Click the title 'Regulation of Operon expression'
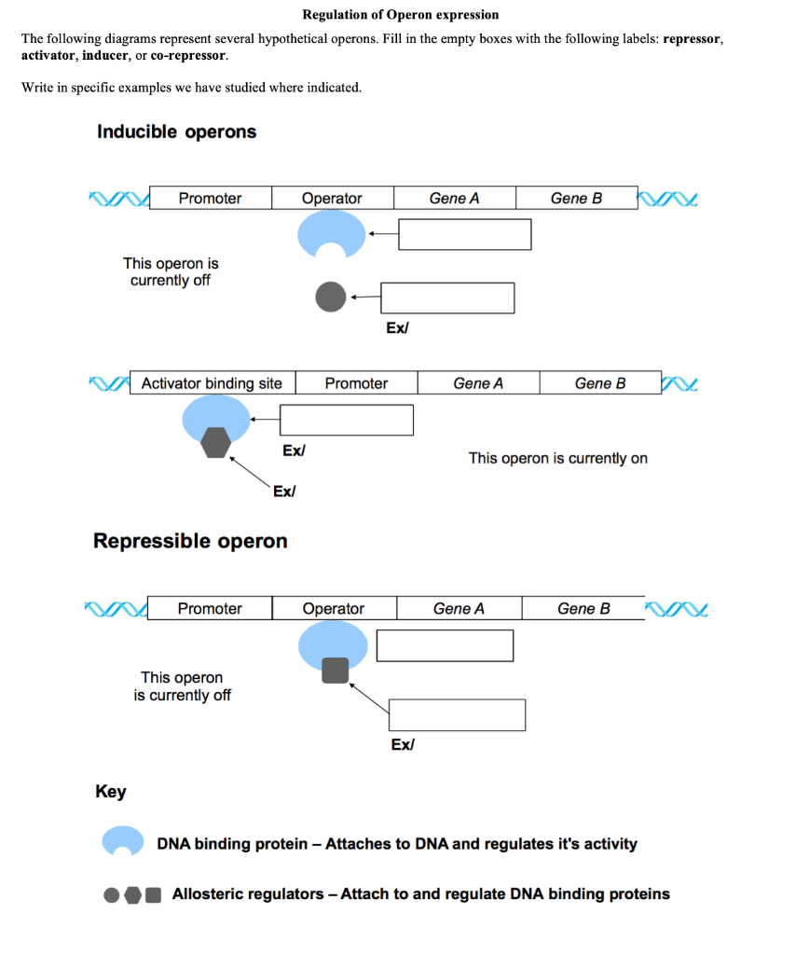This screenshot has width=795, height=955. pos(400,15)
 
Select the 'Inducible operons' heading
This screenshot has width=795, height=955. pos(176,131)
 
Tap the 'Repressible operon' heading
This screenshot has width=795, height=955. pos(190,541)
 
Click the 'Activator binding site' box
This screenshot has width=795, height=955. pos(212,383)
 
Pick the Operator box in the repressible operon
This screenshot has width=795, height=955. pos(334,609)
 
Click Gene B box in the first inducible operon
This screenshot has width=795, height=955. pos(576,198)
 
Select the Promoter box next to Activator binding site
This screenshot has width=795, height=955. pos(356,383)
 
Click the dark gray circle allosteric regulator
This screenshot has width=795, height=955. pos(330,298)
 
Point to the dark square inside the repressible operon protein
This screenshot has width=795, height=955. pos(335,670)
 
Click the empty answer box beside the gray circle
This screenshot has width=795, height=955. pos(447,298)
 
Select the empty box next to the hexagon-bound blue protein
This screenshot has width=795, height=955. pos(347,420)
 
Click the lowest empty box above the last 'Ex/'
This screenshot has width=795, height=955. pos(457,714)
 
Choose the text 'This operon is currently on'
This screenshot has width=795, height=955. pos(557,458)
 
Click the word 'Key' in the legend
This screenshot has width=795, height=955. pos(110,792)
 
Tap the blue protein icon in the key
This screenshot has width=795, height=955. pos(122,842)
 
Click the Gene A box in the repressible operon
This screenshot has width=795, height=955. pos(459,609)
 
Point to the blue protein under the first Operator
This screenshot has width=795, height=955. pos(332,233)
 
